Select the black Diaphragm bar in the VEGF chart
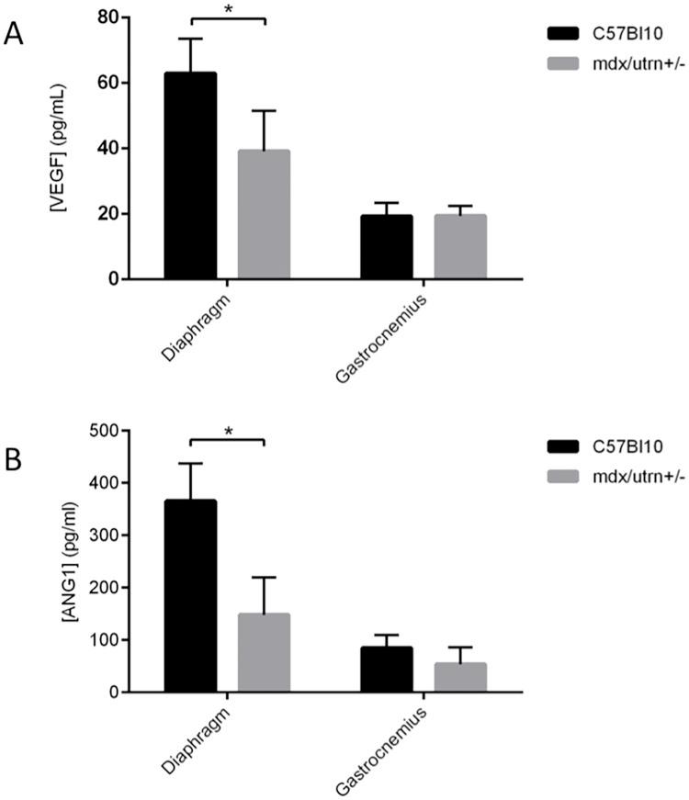point(190,175)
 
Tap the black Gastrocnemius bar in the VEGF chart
point(386,247)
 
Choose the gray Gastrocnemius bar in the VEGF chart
point(460,247)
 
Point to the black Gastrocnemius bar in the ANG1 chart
point(386,670)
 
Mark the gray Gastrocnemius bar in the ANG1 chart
point(460,678)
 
